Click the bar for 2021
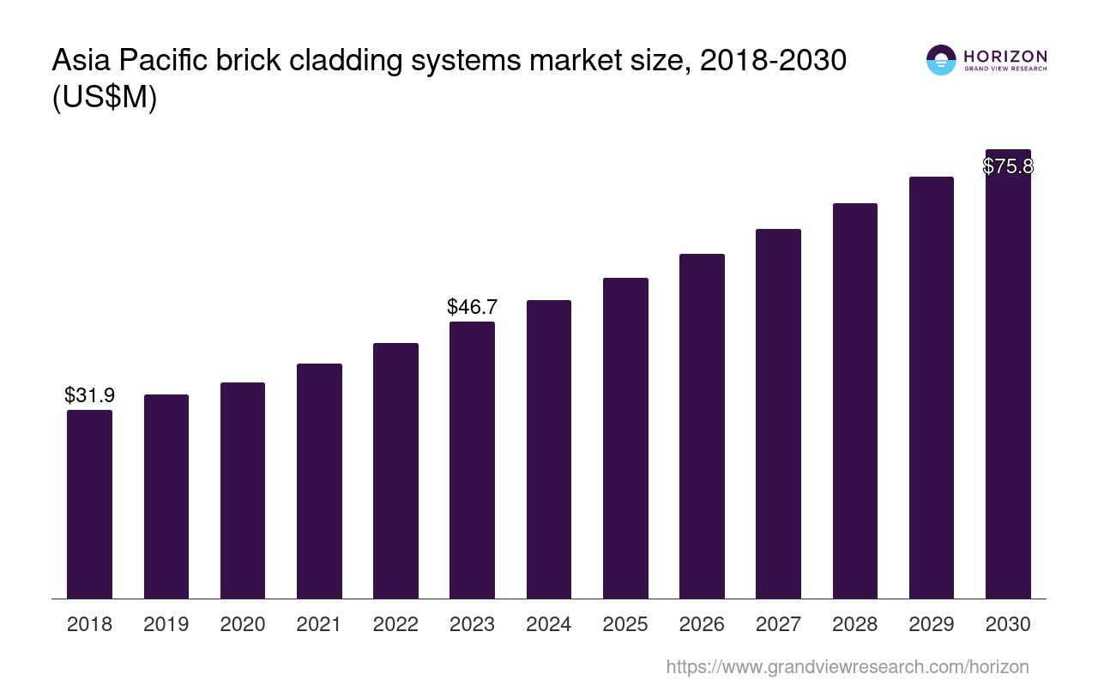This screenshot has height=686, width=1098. tap(319, 481)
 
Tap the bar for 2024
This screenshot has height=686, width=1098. tap(549, 449)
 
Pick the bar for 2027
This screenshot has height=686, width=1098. tap(778, 413)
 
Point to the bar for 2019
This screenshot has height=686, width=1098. tap(166, 496)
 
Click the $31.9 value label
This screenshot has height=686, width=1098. tap(89, 395)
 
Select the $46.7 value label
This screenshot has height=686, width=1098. tap(472, 307)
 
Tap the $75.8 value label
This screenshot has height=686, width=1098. tap(1008, 166)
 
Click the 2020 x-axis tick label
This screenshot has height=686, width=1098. tap(243, 624)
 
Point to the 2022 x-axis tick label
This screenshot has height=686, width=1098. tap(395, 624)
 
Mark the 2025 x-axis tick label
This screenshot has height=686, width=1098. tap(625, 624)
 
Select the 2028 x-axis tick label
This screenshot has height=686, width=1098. tap(854, 624)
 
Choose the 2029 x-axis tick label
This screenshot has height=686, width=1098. tap(932, 624)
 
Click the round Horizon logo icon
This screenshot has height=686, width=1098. tap(941, 60)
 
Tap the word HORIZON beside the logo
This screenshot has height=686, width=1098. tap(1005, 57)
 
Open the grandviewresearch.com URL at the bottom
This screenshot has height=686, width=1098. tap(847, 666)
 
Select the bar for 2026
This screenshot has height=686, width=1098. tap(702, 426)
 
